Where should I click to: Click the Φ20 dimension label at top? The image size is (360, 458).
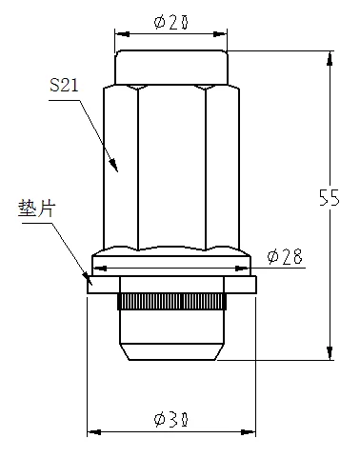(171, 22)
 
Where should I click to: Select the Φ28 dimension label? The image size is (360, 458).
(285, 256)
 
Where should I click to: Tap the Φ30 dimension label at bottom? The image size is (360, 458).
(171, 420)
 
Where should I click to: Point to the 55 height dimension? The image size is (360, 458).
(330, 198)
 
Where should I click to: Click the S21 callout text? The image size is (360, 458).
(64, 86)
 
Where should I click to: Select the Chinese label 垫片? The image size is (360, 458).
(37, 209)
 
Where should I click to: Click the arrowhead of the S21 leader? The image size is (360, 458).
(114, 166)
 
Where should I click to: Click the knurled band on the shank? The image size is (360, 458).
(171, 301)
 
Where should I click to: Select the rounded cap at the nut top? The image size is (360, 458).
(171, 67)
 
